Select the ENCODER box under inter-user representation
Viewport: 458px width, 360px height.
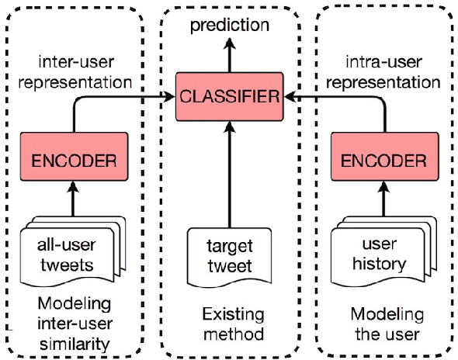(74, 161)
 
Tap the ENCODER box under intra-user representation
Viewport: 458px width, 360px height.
(384, 161)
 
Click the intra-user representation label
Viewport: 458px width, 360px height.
(383, 69)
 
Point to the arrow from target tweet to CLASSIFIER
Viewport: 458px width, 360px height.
(229, 171)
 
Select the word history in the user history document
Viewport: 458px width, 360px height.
(377, 264)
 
